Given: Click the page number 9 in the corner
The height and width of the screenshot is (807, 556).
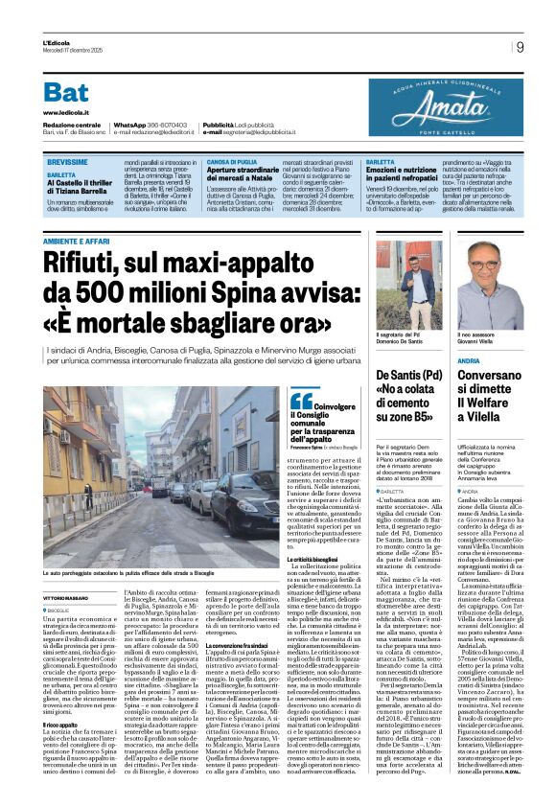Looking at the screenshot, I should tap(519, 46).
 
